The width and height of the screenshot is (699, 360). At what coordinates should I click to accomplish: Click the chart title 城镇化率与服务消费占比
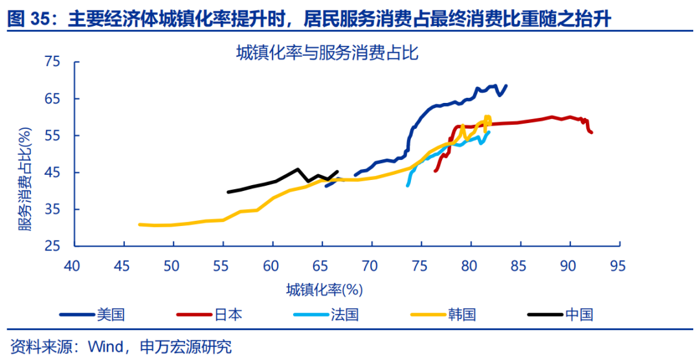pyautogui.click(x=327, y=53)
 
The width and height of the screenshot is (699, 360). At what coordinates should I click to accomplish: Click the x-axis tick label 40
pyautogui.click(x=72, y=265)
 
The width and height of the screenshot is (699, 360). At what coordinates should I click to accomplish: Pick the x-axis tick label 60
pyautogui.click(x=271, y=265)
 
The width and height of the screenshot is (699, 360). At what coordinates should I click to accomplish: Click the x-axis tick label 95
pyautogui.click(x=618, y=265)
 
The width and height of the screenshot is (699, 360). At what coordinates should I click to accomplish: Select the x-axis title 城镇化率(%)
pyautogui.click(x=326, y=289)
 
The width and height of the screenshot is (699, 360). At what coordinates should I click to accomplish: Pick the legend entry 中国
pyautogui.click(x=579, y=315)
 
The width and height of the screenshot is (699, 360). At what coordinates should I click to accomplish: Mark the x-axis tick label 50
pyautogui.click(x=172, y=265)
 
